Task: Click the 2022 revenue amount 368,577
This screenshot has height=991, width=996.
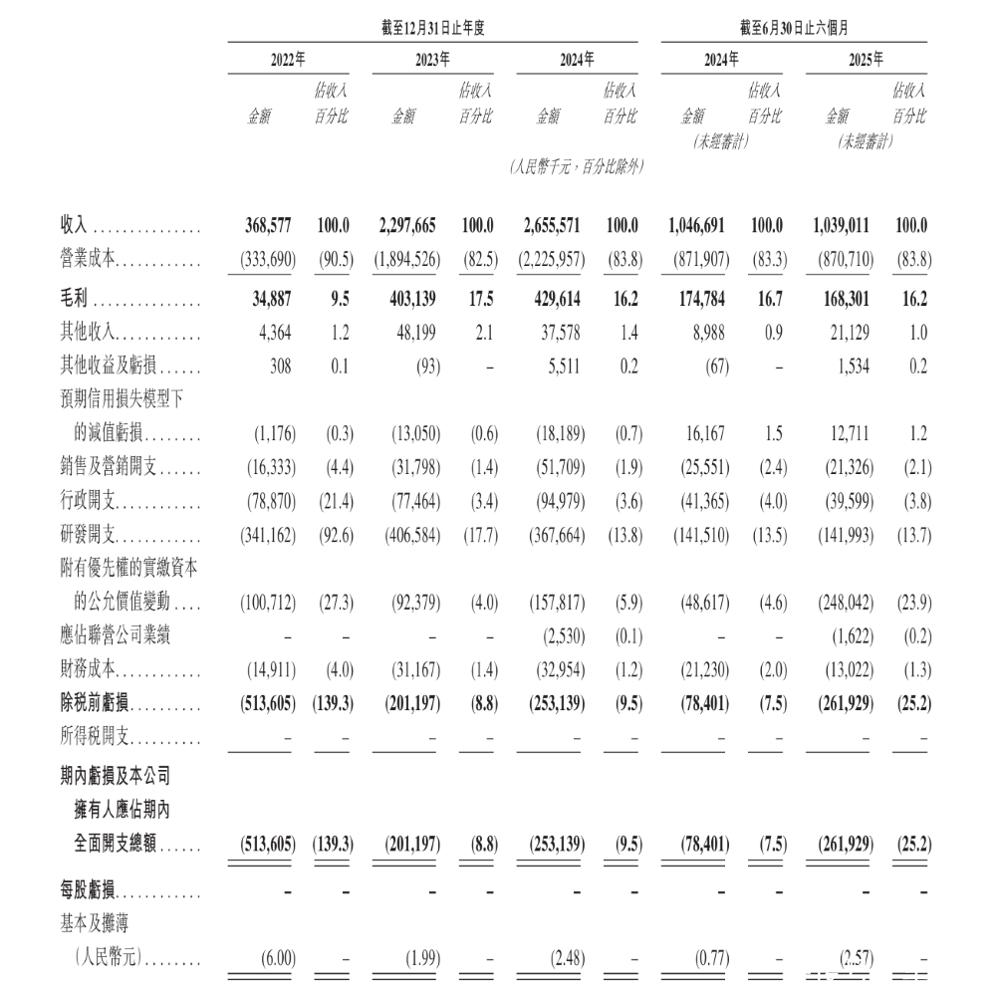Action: tap(269, 226)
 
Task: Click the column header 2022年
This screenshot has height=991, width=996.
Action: tap(289, 60)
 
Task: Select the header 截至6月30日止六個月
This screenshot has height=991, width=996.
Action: tap(793, 28)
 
